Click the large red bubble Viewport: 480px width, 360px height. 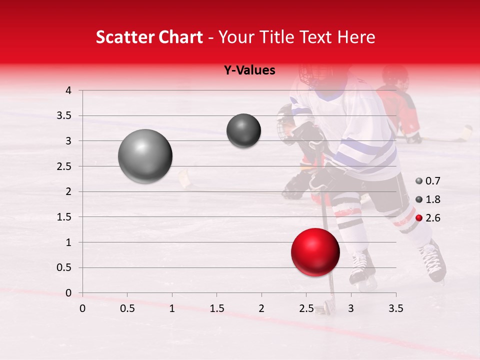tap(315, 252)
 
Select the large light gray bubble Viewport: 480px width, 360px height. tap(145, 156)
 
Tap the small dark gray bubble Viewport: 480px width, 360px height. tap(243, 130)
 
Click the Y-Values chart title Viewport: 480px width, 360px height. tap(249, 70)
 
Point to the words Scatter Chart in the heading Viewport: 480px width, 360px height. tap(149, 37)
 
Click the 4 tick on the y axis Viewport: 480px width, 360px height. tap(68, 90)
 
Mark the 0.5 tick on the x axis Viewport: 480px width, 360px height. tap(127, 308)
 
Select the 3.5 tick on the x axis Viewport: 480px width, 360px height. tap(396, 308)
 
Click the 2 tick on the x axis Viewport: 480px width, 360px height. tap(261, 308)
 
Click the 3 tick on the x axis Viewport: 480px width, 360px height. tap(351, 308)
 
